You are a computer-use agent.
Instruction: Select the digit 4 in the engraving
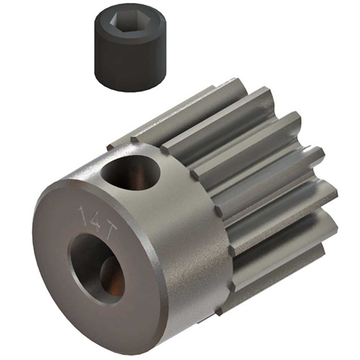(93, 214)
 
